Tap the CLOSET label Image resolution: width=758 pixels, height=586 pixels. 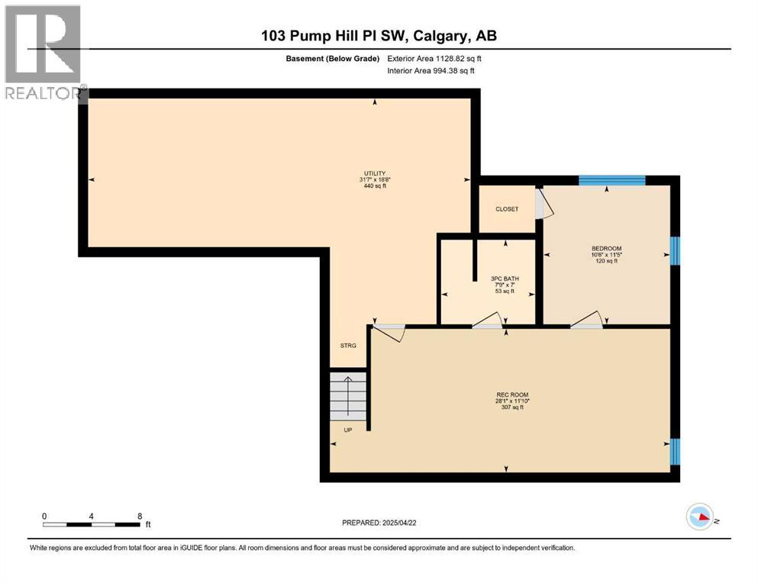point(507,209)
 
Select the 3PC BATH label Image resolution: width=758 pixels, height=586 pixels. point(504,279)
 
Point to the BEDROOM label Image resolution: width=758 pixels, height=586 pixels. point(606,249)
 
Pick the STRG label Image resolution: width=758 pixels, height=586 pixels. point(348,346)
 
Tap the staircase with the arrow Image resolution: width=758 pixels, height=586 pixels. point(348,395)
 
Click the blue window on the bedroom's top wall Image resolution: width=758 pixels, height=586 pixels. point(611,181)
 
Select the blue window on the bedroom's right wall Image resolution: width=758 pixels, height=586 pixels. point(674,250)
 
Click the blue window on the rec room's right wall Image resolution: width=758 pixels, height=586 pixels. point(674,452)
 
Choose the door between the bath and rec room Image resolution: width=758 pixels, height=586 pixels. point(487,325)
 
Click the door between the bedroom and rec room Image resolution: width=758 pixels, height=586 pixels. point(586,324)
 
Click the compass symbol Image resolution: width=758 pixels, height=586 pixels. point(699,517)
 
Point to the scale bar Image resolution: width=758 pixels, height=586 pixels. point(92,523)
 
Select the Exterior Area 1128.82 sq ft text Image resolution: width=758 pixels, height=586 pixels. point(434,58)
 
